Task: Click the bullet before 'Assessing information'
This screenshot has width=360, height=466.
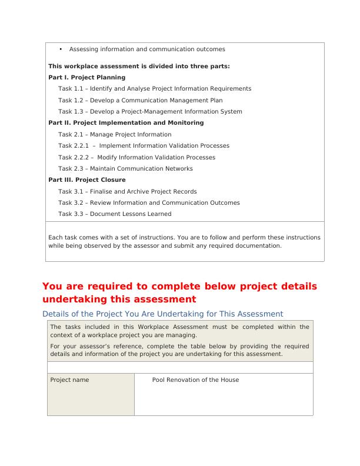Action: tap(61, 49)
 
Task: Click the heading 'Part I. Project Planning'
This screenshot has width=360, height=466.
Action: tap(86, 77)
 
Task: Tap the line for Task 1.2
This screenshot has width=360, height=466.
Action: tap(140, 100)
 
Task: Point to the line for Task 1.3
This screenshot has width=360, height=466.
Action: tap(150, 111)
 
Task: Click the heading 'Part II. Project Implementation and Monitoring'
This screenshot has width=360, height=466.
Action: tap(126, 123)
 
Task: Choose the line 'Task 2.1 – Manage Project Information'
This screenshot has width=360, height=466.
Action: tap(115, 134)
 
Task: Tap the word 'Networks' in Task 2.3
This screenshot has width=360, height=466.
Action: tap(178, 169)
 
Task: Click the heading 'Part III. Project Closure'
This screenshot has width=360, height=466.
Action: tap(86, 180)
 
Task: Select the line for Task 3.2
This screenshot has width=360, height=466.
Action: tap(149, 203)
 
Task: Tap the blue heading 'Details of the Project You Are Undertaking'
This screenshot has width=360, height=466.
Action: tap(163, 314)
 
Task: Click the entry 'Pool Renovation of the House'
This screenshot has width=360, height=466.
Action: tap(195, 380)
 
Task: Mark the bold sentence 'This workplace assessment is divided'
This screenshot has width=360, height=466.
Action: tap(139, 66)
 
